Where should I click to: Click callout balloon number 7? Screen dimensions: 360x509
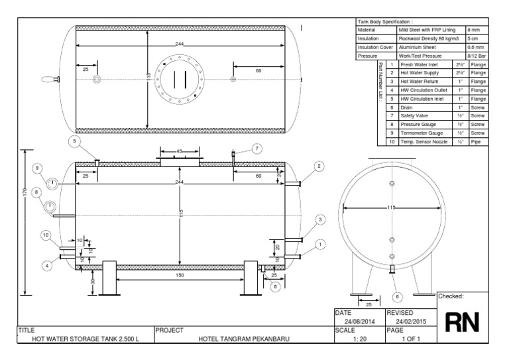click(x=256, y=149)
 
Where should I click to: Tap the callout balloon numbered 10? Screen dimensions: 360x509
click(x=46, y=235)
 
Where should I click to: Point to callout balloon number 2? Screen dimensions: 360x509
click(x=319, y=166)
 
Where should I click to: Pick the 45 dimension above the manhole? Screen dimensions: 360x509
click(x=179, y=152)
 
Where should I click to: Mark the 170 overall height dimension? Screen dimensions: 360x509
click(x=24, y=192)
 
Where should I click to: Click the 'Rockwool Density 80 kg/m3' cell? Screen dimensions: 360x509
click(x=429, y=38)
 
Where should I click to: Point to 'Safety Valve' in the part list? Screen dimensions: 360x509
click(x=414, y=115)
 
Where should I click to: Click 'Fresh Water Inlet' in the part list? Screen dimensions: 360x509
click(x=420, y=64)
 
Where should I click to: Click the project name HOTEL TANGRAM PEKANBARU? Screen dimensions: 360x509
click(x=244, y=339)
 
